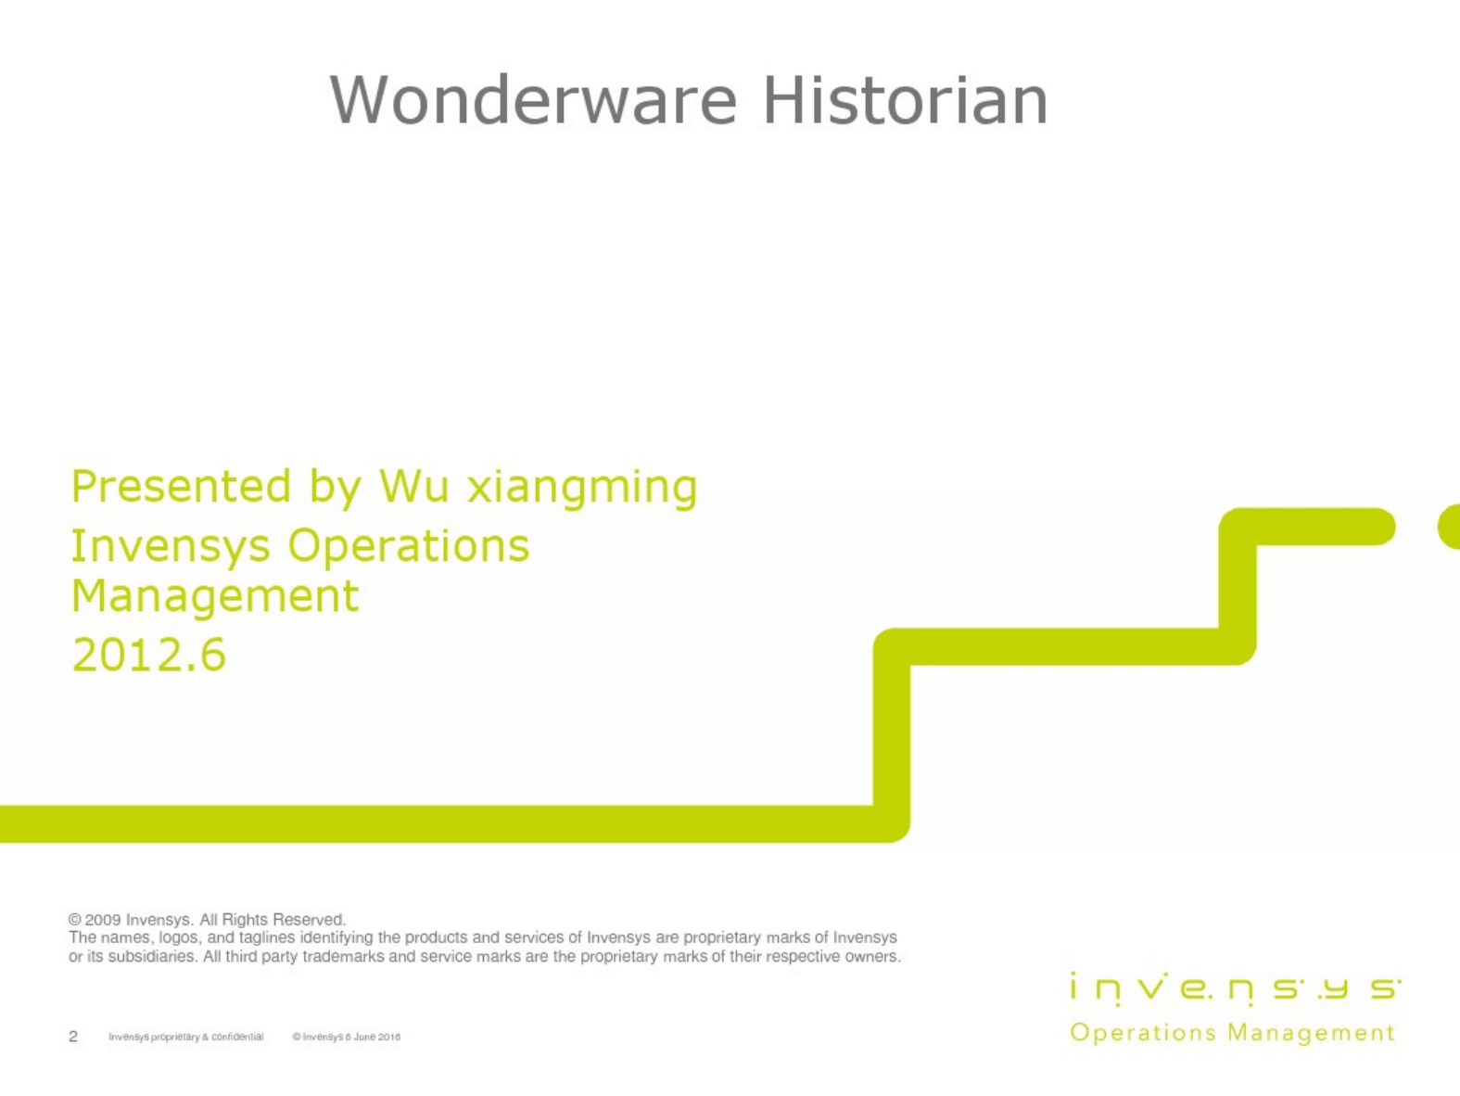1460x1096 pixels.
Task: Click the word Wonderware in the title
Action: click(x=533, y=100)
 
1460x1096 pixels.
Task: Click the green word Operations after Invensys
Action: click(x=409, y=547)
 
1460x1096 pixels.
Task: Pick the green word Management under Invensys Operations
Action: click(x=215, y=598)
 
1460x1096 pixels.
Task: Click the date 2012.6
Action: click(x=149, y=655)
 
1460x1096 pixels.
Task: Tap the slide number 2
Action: click(x=73, y=1036)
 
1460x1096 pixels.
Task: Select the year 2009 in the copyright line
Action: click(x=103, y=920)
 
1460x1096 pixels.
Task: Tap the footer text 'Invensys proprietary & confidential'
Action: click(x=186, y=1037)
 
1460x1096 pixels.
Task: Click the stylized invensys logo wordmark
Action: click(x=1235, y=988)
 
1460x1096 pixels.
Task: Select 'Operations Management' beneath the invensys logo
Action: click(x=1233, y=1033)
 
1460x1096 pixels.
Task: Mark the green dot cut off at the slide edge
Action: click(x=1450, y=527)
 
